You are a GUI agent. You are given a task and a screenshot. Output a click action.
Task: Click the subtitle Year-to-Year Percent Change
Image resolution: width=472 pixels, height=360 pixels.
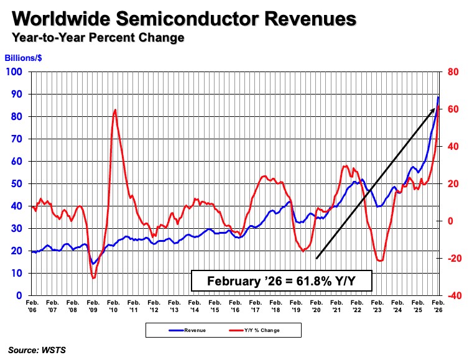click(x=97, y=37)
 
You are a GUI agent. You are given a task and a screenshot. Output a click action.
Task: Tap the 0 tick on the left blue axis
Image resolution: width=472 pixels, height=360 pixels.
click(x=20, y=295)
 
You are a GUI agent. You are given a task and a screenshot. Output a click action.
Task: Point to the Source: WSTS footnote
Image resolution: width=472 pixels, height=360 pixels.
click(x=37, y=350)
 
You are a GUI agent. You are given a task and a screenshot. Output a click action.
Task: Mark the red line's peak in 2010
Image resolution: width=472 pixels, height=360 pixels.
click(x=115, y=110)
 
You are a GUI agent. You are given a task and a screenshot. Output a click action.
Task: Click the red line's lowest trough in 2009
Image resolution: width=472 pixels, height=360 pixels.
click(x=93, y=278)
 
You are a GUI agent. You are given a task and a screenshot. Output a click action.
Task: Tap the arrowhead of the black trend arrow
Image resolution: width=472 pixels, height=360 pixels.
click(x=433, y=109)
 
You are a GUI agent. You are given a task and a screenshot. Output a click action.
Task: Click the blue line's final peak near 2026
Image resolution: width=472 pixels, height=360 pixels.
click(x=438, y=96)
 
